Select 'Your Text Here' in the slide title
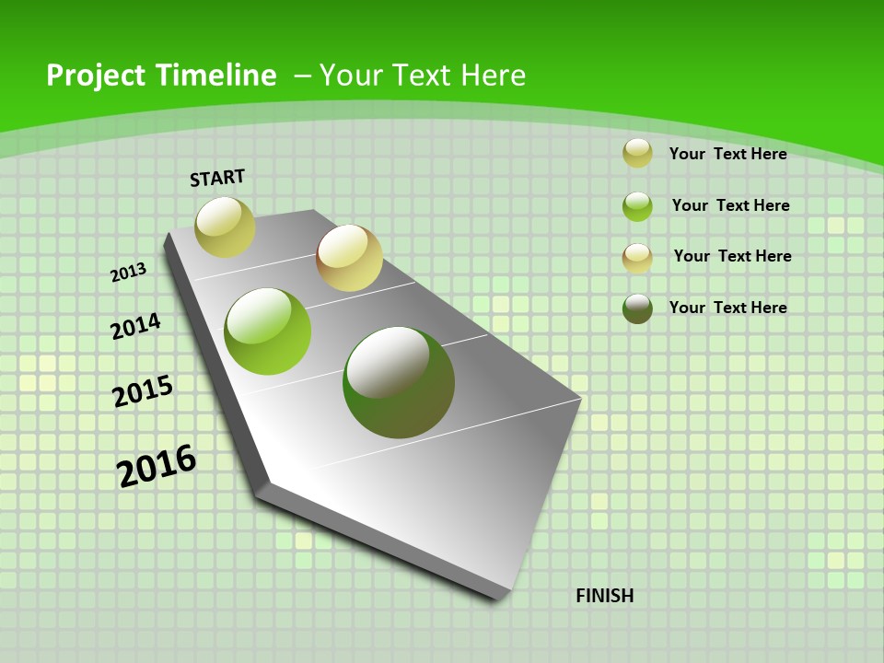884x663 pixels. point(423,76)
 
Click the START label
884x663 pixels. point(217,178)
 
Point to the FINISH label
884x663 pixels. point(605,596)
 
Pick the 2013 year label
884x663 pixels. point(129,272)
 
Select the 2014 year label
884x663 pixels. point(136,326)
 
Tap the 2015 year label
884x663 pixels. point(143,391)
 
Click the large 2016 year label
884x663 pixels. point(157,465)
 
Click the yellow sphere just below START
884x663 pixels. point(226,227)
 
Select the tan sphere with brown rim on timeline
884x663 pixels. point(349,258)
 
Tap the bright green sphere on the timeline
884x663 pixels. point(268,331)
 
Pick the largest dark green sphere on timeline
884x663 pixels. point(398,382)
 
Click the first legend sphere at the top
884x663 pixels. point(637,153)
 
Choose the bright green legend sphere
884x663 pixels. point(637,206)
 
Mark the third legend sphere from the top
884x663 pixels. point(637,258)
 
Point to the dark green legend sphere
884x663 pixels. point(637,308)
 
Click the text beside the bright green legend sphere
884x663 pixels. point(730,205)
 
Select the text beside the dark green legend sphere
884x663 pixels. point(727,308)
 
